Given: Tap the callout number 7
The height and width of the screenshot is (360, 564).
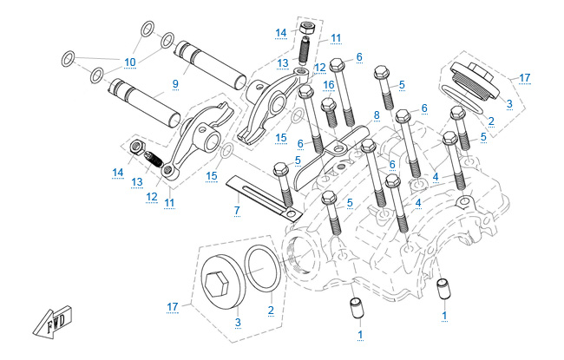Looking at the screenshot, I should [x=235, y=211].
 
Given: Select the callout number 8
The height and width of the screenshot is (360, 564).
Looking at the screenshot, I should [x=377, y=115].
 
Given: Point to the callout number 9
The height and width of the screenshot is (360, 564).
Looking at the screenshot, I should [x=174, y=83].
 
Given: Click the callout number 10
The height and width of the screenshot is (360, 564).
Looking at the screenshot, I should [x=130, y=62].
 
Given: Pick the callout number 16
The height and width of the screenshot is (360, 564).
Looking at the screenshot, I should [x=329, y=85].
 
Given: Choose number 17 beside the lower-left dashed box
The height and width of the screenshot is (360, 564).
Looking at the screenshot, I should [x=172, y=306].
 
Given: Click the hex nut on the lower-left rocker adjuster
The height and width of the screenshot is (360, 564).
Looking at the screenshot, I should [x=136, y=148].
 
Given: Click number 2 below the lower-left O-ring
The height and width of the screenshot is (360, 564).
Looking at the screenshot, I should [x=272, y=309].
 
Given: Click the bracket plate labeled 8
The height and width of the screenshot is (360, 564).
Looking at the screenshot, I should [x=334, y=154].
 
